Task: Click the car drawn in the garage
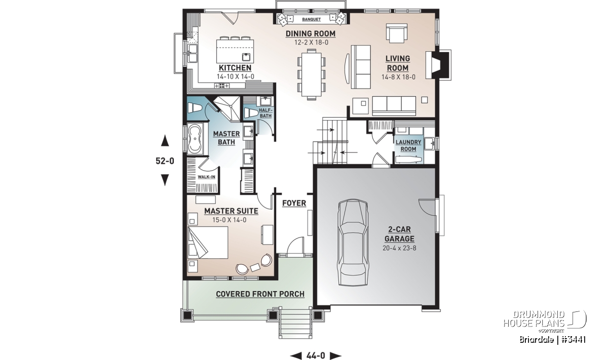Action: coord(353,242)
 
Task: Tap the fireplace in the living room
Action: coord(438,65)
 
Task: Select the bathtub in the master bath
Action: coord(196,139)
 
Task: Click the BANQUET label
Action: coord(311,19)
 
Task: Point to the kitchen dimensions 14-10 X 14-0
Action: coord(235,76)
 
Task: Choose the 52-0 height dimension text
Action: coord(165,161)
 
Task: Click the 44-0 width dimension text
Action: coord(316,355)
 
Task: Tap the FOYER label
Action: coord(294,203)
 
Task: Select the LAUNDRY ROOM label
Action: coord(408,145)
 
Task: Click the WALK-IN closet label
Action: coord(206,177)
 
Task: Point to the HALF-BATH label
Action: coord(265,113)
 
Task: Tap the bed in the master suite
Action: coord(208,243)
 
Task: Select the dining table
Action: coord(312,74)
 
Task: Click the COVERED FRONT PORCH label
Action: coord(260,294)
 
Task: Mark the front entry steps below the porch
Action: coord(295,324)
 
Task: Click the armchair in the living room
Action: coord(397,33)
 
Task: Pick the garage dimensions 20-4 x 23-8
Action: coord(399,248)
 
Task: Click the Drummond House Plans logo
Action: coord(545,322)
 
